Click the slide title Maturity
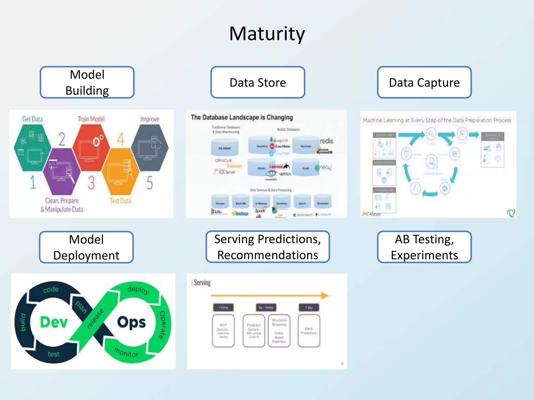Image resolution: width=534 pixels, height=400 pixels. pos(267,34)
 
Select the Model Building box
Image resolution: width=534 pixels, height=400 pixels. pos(87,82)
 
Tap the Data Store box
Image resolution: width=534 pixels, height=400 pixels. pos(258,82)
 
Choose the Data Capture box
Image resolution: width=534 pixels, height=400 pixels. pos(424,82)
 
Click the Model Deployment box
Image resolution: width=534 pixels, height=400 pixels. pos(86,247)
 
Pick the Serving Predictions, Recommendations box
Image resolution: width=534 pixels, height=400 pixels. pos(268,247)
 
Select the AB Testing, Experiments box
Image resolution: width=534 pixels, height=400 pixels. pos(424,247)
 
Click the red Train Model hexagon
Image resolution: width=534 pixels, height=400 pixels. pos(91,147)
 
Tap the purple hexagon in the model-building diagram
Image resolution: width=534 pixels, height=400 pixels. pos(62,171)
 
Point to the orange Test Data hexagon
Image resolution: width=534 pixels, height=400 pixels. pos(120,172)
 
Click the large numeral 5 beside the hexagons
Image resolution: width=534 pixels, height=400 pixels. pos(150,183)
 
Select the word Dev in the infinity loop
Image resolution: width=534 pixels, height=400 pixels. pos(54,322)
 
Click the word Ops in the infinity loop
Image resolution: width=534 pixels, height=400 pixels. pos(131,322)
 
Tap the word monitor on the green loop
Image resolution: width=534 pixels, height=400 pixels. pos(126,352)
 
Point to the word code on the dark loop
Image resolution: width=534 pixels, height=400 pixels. pos(51,289)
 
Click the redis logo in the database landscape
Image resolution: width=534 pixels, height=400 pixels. pos(326,141)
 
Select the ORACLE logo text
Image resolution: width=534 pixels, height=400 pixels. pos(223,160)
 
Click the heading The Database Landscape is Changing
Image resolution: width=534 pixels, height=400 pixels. pos(242,117)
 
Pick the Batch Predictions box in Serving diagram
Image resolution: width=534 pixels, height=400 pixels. pos(309,331)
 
